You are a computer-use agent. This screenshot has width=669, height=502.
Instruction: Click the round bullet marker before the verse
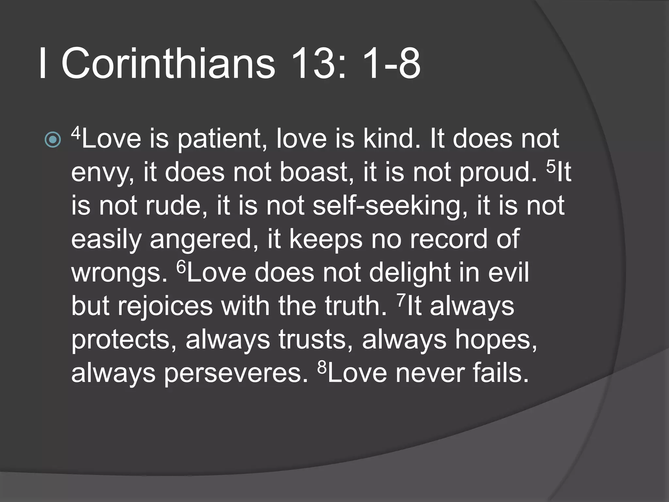53,140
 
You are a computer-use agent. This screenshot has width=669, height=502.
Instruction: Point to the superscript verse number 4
76,133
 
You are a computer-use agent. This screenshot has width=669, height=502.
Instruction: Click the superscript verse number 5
551,166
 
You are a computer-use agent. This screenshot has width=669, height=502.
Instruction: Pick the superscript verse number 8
322,367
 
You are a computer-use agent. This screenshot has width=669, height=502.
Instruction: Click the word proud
498,173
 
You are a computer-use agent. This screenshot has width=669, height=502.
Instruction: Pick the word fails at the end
500,373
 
